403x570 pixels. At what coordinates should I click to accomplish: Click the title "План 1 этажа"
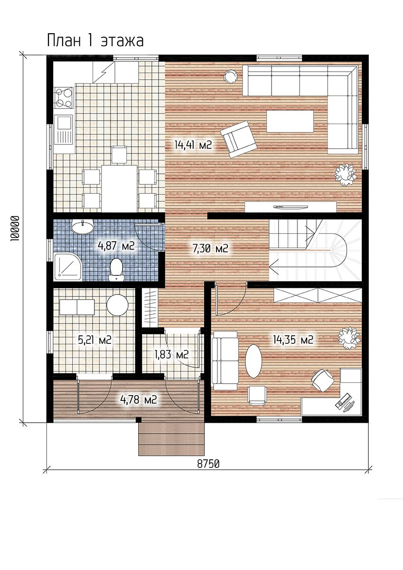coord(95,41)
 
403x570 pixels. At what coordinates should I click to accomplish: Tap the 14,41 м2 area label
coord(193,145)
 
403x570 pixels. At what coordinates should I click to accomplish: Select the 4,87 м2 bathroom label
coord(116,246)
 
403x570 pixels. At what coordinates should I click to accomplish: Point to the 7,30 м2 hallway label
coord(210,248)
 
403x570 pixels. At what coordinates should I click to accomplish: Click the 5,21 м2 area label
coord(94,340)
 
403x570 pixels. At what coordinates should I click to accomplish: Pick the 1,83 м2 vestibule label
coord(172,354)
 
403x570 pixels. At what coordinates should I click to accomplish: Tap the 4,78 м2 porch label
coord(138,400)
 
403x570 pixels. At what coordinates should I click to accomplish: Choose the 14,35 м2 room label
coord(293,340)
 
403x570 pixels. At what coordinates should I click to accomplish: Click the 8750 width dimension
coord(208,464)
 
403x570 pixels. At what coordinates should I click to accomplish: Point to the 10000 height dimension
coord(15,229)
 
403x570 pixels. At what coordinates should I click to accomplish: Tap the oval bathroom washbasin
coord(83,227)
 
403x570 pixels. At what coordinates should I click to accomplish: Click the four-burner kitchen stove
coord(64,97)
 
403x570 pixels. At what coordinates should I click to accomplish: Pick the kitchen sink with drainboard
coord(64,133)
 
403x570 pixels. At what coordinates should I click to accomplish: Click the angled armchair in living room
coord(238,139)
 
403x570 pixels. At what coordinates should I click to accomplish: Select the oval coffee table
coord(253,361)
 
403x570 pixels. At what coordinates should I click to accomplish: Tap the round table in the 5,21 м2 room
coord(117,305)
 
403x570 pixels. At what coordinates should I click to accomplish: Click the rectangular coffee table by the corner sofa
coord(290,121)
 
